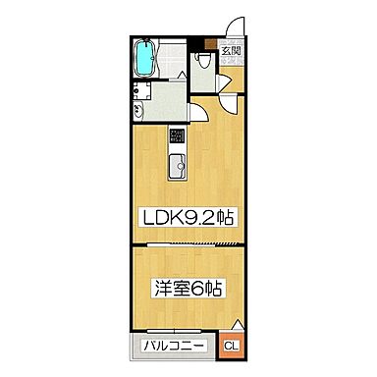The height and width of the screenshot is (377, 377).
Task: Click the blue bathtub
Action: (145, 56)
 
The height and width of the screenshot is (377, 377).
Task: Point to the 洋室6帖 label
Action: (187, 289)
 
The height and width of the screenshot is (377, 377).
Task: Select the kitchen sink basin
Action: (177, 167)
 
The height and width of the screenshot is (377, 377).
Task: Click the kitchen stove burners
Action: (177, 138)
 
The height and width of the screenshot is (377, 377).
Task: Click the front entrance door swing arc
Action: (236, 29)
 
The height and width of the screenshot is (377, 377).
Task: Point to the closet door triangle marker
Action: (236, 326)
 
